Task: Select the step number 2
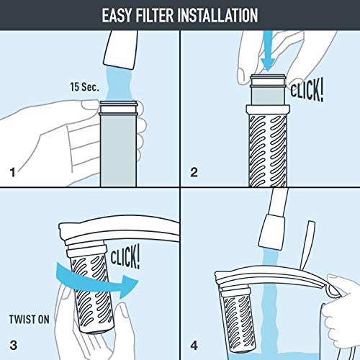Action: click(193, 173)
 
